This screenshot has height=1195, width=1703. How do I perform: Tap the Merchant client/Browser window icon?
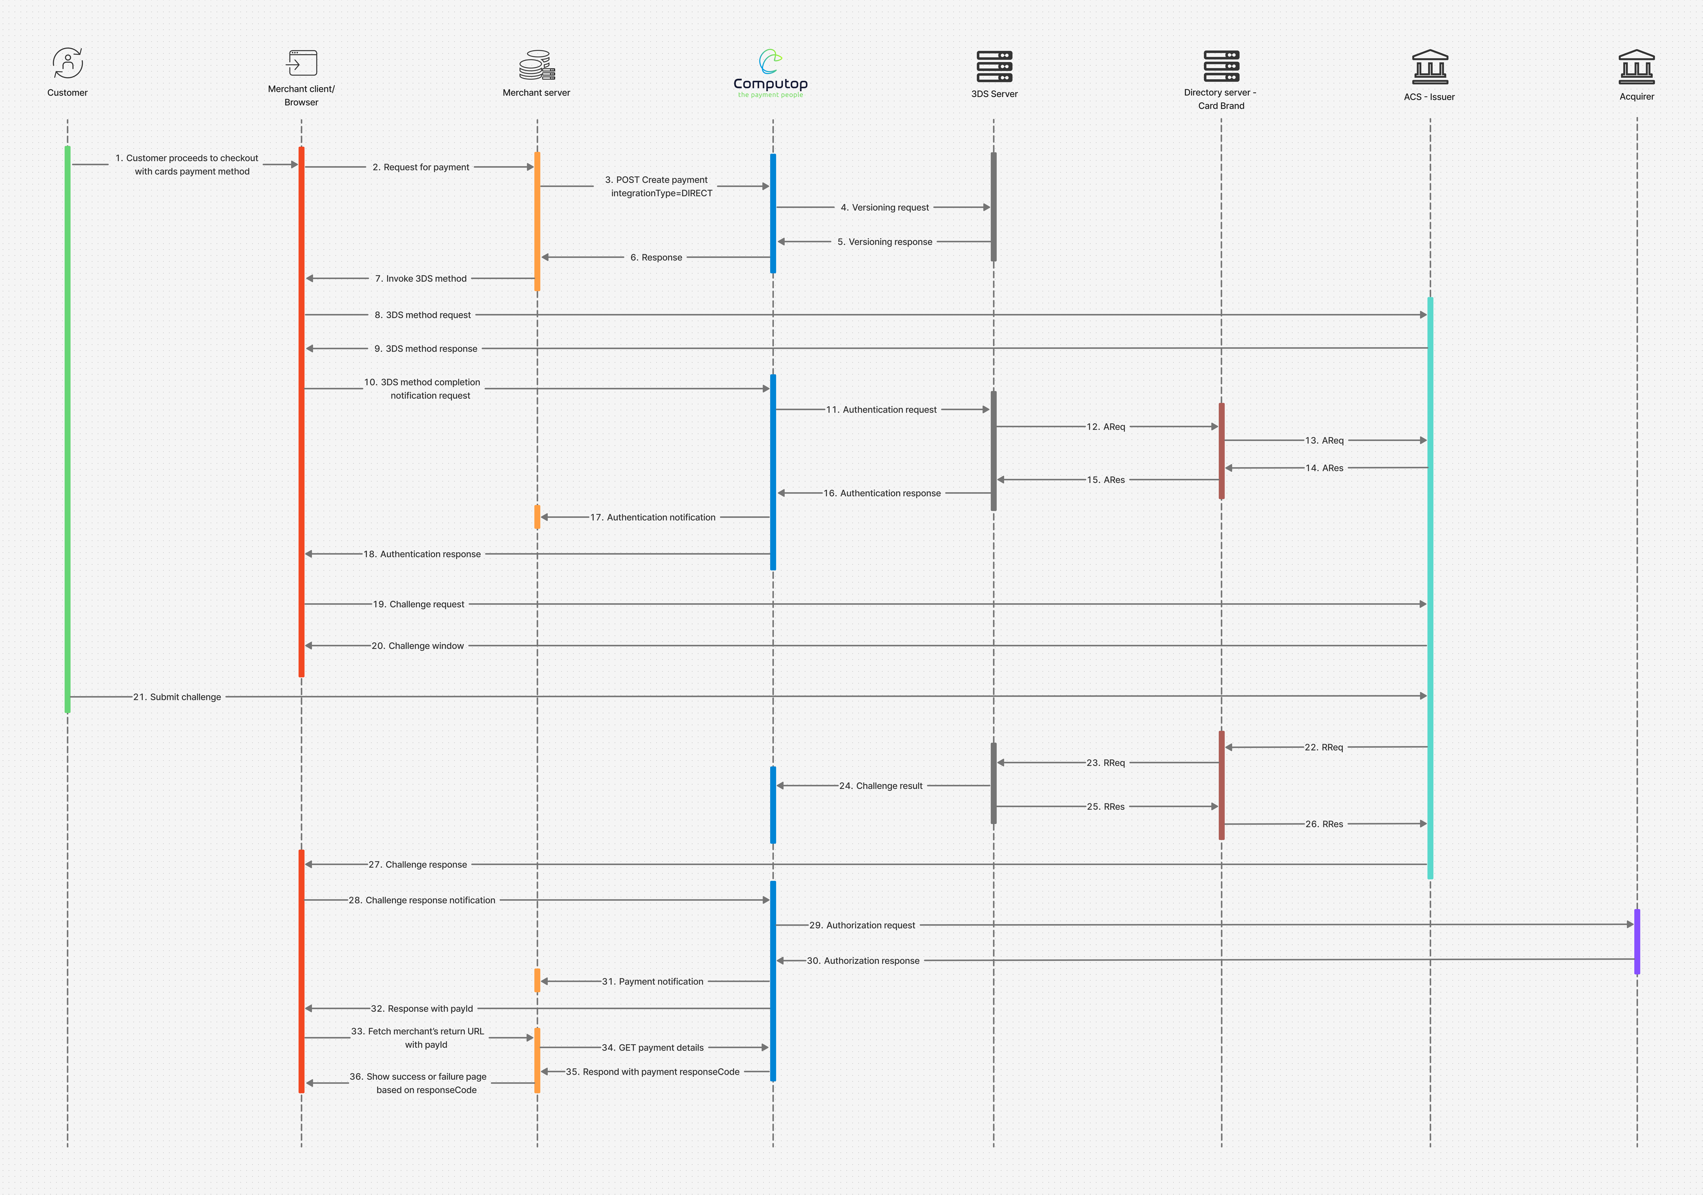302,63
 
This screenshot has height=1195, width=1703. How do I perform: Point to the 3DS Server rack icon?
994,66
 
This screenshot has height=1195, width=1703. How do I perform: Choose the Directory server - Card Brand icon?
1221,66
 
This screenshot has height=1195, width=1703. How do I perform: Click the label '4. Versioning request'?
884,208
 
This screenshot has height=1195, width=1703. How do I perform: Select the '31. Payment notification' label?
653,981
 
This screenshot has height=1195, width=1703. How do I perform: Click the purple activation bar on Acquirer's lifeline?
1637,941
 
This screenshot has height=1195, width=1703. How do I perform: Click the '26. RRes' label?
1324,824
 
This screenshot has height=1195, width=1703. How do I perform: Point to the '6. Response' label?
656,257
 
